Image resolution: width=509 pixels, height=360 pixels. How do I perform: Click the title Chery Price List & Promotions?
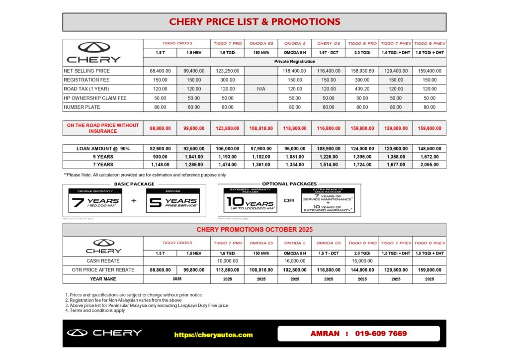(x=254, y=22)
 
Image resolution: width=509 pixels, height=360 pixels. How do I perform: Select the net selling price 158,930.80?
(x=362, y=71)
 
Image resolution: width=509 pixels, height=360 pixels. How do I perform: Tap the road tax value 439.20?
(x=362, y=89)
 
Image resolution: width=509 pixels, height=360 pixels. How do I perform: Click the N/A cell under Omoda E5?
(x=261, y=89)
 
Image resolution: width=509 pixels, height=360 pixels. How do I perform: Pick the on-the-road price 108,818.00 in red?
(x=261, y=128)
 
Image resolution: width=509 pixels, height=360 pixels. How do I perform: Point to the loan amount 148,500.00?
(x=429, y=148)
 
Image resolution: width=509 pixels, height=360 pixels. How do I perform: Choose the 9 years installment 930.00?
(x=160, y=157)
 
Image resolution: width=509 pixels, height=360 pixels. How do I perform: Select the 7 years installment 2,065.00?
(x=429, y=165)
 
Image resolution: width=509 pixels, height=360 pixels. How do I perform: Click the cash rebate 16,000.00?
(x=295, y=261)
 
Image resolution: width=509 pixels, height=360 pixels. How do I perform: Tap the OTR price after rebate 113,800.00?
(x=227, y=270)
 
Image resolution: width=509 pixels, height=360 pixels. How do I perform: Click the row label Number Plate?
(x=82, y=107)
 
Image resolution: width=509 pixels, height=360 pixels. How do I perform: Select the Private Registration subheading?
(x=295, y=62)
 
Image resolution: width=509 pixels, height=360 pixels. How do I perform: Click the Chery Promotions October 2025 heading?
(x=254, y=230)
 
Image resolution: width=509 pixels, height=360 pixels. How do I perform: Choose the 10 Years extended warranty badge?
(x=250, y=200)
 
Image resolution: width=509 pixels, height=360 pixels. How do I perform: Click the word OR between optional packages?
(x=289, y=201)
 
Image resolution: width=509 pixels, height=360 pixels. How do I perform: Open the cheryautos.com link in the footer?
(x=213, y=335)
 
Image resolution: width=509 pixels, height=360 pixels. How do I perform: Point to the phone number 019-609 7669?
(x=381, y=333)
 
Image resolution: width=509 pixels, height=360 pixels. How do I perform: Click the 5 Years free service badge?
(x=172, y=201)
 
